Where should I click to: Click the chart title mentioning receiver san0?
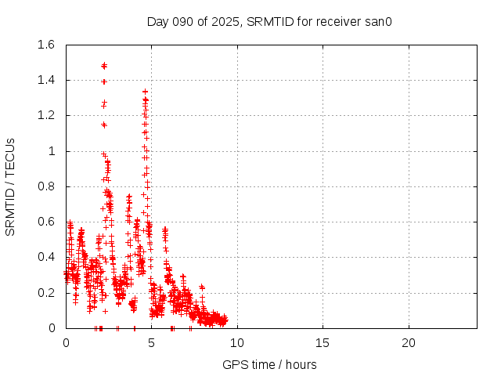pyautogui.click(x=269, y=21)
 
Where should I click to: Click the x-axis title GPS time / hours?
pyautogui.click(x=269, y=364)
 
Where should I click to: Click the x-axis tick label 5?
pyautogui.click(x=151, y=343)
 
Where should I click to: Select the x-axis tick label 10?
pyautogui.click(x=237, y=343)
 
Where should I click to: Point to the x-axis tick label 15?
pyautogui.click(x=323, y=343)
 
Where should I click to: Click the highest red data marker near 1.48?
pyautogui.click(x=104, y=65)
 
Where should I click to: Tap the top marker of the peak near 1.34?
pyautogui.click(x=145, y=92)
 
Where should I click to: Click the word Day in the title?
pyautogui.click(x=157, y=21)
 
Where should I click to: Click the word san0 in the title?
pyautogui.click(x=377, y=21)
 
